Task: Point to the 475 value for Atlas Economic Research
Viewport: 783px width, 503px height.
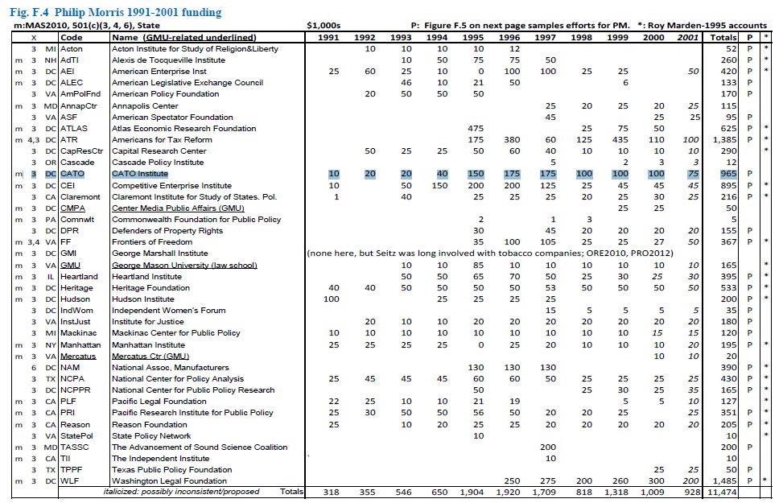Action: tap(472, 128)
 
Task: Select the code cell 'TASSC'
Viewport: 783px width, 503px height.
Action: tap(76, 447)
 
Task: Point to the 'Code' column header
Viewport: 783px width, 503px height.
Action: tap(72, 37)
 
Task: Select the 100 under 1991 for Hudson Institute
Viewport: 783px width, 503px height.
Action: tap(330, 299)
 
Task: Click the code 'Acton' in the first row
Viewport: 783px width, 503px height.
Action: tap(72, 49)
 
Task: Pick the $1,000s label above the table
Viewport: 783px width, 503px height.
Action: tap(324, 26)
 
